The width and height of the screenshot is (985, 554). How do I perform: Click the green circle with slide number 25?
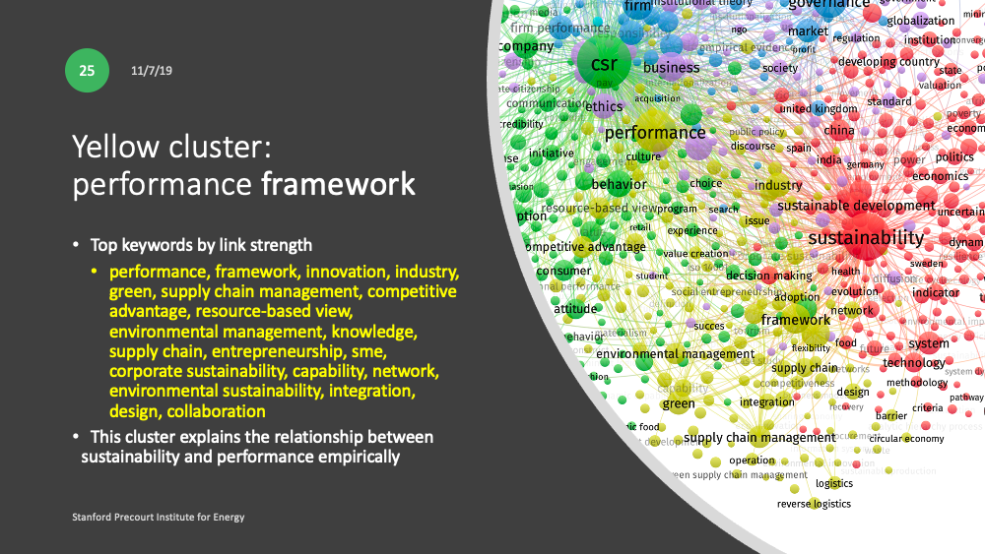click(87, 71)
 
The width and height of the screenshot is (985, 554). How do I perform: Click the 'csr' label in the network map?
click(604, 65)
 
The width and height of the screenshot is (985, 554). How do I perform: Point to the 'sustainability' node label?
click(866, 238)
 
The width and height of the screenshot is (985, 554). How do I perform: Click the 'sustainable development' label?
click(856, 206)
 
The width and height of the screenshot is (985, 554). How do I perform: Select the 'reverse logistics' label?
click(814, 504)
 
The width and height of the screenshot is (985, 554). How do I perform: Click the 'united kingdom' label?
click(818, 109)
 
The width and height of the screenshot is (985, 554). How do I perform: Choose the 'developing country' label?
click(888, 62)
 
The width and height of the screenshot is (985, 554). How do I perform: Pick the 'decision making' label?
click(769, 277)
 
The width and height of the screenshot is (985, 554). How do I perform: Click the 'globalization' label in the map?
click(921, 21)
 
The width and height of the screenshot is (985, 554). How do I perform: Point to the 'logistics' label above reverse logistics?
click(834, 483)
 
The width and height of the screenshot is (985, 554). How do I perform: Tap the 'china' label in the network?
click(839, 130)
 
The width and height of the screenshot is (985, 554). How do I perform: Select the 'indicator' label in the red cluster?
click(936, 292)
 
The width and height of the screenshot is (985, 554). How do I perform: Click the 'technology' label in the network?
click(914, 363)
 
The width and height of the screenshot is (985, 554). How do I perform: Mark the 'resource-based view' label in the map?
click(599, 209)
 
